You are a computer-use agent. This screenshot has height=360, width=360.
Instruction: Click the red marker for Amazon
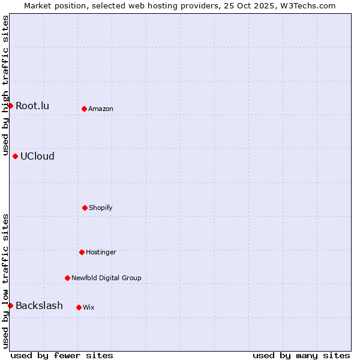84,109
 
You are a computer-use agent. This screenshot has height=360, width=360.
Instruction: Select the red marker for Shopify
85,208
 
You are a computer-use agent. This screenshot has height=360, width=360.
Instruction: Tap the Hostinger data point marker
82,252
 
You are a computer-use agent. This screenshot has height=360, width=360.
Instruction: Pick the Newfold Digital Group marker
67,278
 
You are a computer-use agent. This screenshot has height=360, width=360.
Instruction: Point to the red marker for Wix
79,307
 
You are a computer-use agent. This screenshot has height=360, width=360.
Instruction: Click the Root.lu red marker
10,106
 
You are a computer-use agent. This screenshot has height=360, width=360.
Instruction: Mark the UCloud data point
15,156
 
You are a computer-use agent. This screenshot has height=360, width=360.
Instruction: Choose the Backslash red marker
10,306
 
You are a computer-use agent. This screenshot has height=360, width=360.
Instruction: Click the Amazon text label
101,109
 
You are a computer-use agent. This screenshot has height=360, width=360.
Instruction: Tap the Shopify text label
101,208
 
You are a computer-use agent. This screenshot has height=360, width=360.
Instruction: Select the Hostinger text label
101,253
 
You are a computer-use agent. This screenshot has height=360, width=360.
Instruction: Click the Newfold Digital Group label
106,278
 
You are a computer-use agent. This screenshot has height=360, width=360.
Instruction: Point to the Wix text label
89,308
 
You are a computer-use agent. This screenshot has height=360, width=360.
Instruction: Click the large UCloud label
37,157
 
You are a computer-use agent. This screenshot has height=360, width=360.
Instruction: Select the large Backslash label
39,306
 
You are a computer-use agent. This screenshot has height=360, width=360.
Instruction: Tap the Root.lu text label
32,106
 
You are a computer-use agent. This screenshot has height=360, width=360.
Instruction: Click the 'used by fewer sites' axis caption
62,355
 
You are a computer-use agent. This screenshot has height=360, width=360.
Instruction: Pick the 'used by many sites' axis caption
301,355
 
